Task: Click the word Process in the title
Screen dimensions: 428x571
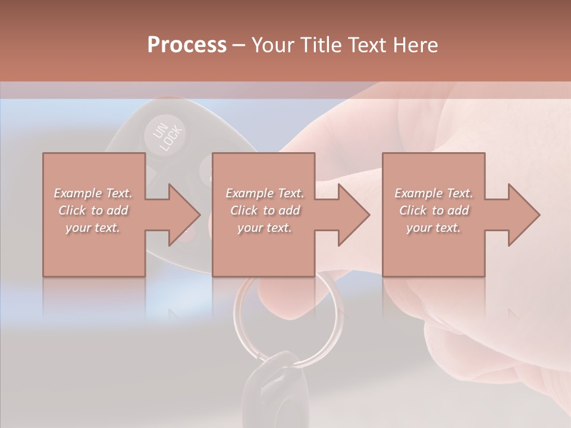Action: [187, 45]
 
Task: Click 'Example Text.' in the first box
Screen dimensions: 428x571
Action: [93, 193]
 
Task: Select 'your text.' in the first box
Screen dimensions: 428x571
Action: [93, 228]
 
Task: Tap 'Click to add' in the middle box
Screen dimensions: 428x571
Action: [265, 210]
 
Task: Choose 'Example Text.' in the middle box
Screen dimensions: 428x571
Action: [265, 193]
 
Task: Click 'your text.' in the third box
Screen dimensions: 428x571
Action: [434, 228]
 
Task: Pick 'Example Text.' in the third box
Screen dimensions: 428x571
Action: [434, 193]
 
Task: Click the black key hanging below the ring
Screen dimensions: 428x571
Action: [274, 386]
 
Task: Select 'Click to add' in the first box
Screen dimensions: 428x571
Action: [93, 210]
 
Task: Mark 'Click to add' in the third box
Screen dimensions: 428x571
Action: [434, 210]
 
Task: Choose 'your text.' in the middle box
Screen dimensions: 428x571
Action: [265, 228]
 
